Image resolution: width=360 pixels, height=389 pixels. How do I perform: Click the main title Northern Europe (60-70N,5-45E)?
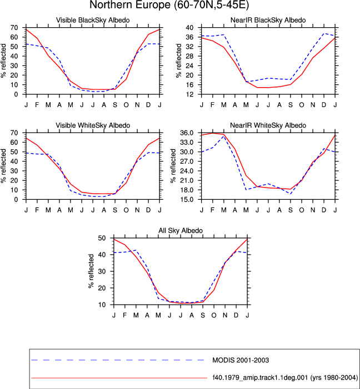[169, 5]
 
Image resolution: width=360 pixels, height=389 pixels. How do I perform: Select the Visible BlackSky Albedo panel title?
[93, 20]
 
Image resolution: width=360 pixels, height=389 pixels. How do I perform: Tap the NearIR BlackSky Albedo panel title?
[268, 20]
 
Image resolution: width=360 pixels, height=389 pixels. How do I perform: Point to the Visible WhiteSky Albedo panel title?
[93, 125]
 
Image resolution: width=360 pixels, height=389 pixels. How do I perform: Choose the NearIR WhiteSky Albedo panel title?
[268, 125]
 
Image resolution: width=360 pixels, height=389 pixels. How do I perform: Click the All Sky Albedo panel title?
[181, 230]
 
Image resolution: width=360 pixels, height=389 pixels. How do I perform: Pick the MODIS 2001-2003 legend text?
[241, 360]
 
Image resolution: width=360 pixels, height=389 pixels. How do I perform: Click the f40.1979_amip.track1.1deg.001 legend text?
[285, 378]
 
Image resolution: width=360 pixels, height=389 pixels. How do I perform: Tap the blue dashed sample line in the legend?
[118, 360]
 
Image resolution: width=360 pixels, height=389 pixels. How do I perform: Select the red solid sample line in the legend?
[119, 378]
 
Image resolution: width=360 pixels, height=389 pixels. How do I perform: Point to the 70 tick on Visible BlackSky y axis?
[14, 28]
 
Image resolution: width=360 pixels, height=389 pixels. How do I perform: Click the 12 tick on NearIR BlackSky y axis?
[189, 94]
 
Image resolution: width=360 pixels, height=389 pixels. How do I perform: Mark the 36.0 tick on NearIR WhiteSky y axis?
[187, 133]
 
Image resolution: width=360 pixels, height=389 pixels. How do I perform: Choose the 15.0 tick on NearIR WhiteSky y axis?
[187, 199]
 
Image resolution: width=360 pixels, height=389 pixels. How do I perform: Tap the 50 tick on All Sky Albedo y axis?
[102, 238]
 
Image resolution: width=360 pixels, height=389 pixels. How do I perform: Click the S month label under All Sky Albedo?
[203, 315]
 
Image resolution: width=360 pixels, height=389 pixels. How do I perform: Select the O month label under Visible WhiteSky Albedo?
[126, 210]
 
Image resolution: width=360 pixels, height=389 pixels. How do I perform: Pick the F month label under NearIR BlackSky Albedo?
[212, 105]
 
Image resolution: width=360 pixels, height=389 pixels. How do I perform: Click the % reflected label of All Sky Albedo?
[91, 271]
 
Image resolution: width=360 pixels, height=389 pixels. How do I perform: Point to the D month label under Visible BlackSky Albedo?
[148, 105]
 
